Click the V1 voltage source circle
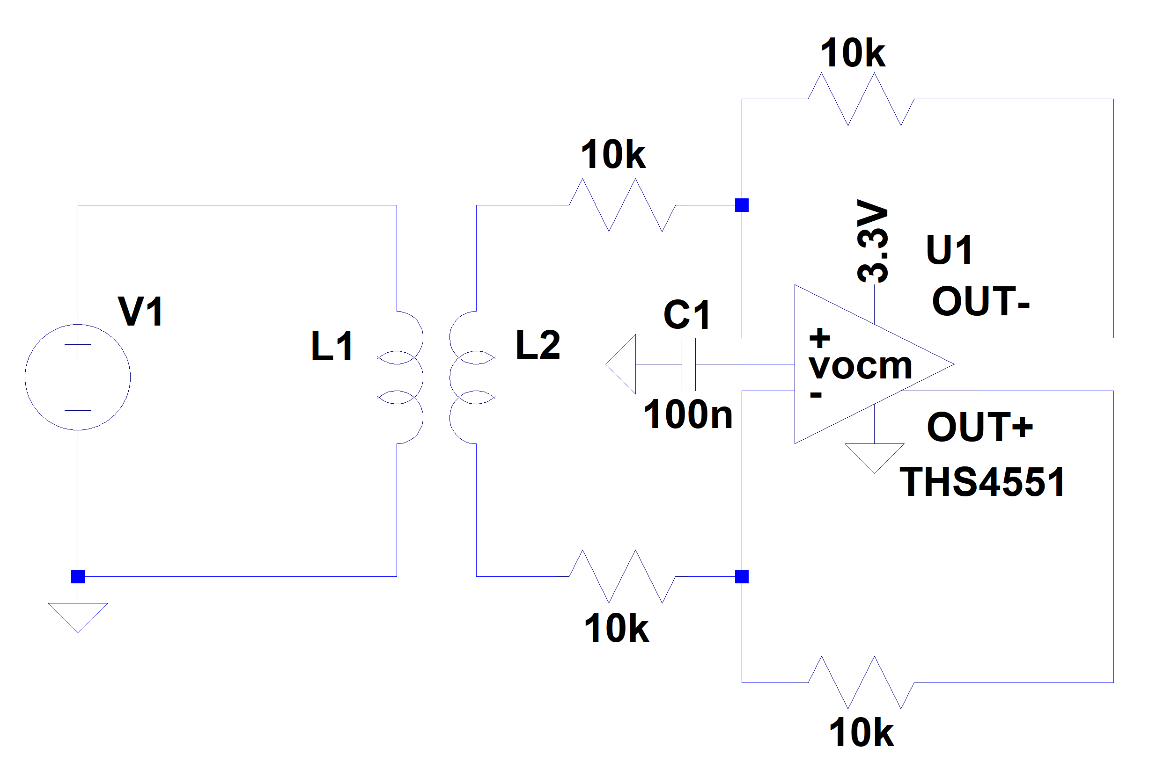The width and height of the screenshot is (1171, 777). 77,377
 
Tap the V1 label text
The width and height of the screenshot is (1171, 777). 141,312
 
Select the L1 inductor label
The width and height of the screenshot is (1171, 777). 332,346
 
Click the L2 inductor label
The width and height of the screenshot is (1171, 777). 538,345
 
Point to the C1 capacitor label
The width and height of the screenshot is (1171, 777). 686,315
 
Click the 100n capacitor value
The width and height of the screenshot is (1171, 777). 687,414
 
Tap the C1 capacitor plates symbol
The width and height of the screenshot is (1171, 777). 688,364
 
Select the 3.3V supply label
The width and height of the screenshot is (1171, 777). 872,241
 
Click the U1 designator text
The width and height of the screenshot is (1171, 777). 949,250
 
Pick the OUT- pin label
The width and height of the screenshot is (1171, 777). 980,301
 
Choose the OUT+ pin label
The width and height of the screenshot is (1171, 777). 980,427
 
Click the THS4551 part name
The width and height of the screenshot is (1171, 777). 982,482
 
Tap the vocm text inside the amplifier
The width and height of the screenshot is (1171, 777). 861,367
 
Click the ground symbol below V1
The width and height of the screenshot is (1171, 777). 77,616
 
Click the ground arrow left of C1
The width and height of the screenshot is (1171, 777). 622,364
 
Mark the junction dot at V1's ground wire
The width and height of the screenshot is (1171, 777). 78,576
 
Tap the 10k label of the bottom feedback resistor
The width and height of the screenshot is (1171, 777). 861,733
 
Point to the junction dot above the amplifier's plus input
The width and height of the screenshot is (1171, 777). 742,205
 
